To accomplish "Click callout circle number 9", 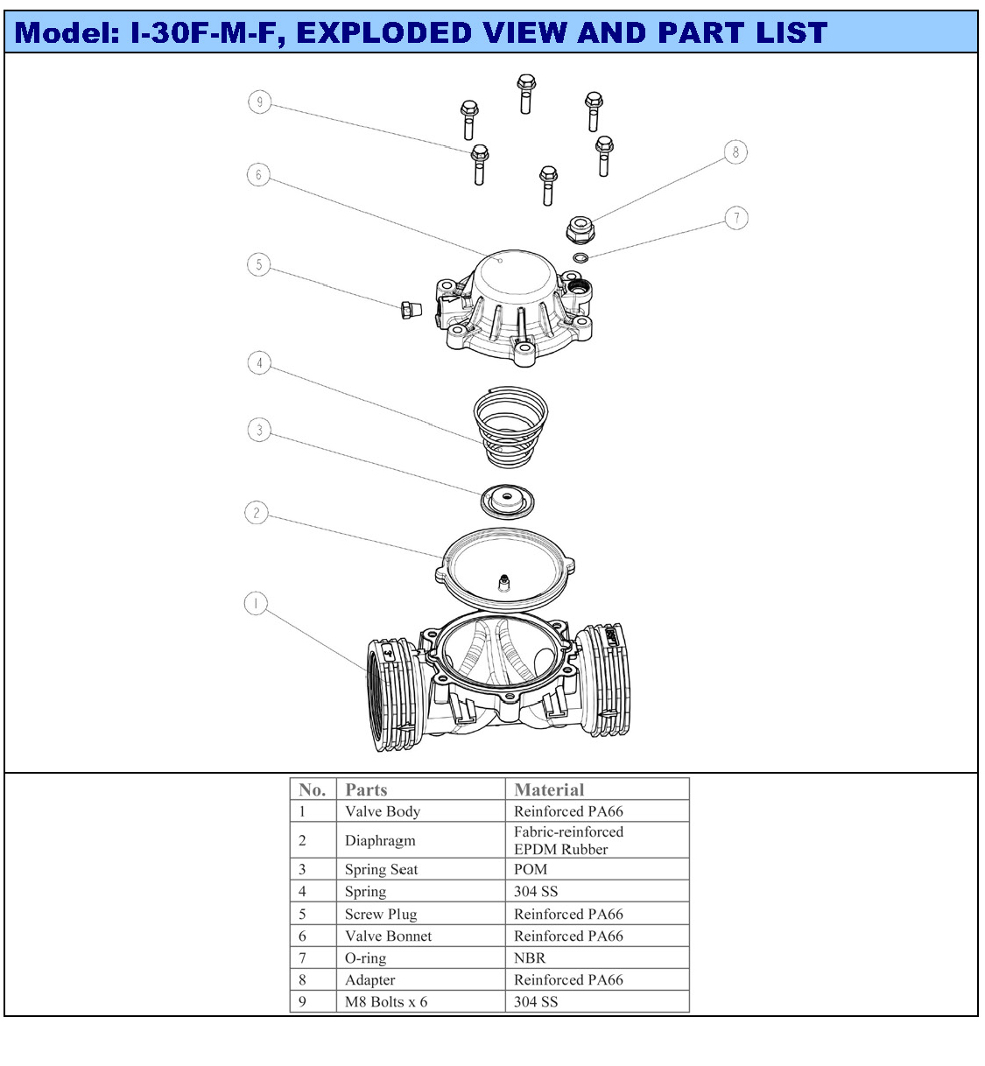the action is [260, 102].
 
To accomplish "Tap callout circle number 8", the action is [735, 152].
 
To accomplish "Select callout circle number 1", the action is [256, 603].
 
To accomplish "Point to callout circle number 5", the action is [259, 264].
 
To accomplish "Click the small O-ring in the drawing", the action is [580, 258].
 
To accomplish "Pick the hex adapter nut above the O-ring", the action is [580, 229].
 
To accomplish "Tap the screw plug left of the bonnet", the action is [412, 310].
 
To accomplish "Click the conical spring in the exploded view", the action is [510, 427].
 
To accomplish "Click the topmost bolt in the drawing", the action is [526, 94].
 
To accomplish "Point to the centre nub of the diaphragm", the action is [503, 582].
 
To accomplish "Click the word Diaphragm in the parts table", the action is [380, 840].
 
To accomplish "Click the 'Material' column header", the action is [549, 789].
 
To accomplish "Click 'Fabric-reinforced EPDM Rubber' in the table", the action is [568, 840].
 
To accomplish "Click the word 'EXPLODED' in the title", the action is [383, 32].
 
